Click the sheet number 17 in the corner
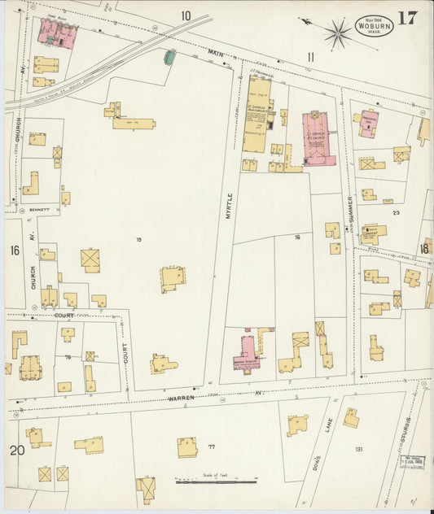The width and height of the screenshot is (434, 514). point(408,19)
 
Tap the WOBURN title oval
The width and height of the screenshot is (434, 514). point(373,27)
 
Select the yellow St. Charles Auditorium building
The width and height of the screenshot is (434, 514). point(257,115)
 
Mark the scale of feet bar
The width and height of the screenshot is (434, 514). point(216,481)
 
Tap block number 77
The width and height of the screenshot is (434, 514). point(211,446)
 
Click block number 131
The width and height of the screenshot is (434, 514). point(357,448)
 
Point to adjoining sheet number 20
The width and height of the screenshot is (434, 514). point(15,451)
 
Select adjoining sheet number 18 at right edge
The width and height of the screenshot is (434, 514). point(424,249)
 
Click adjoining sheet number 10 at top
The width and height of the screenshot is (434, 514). point(186,15)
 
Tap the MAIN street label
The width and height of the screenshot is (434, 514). point(215,54)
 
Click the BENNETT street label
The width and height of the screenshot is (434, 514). point(40,209)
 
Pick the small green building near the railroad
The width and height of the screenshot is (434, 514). point(169,57)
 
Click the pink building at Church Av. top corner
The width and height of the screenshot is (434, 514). point(57,33)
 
